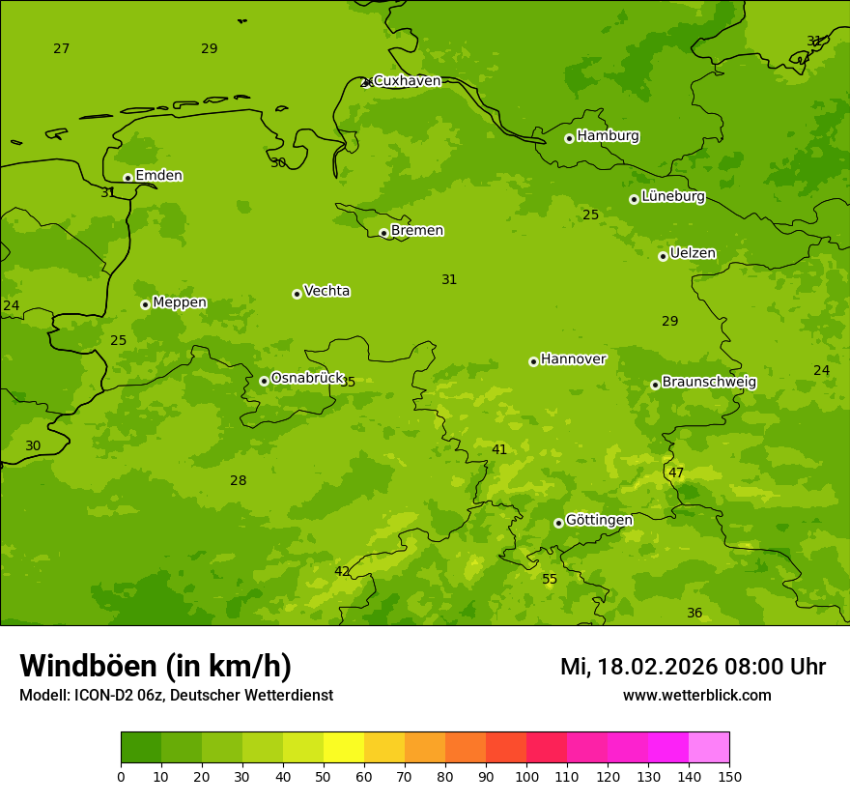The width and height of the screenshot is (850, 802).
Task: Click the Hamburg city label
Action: click(x=608, y=136)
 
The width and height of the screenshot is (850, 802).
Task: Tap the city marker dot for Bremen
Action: click(x=383, y=233)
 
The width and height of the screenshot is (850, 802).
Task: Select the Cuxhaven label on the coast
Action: click(x=407, y=81)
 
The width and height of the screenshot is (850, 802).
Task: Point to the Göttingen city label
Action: click(x=599, y=520)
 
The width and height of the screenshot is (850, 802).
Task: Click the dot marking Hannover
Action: click(x=533, y=361)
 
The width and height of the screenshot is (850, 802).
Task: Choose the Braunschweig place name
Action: click(x=709, y=382)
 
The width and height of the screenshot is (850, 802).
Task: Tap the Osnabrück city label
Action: click(x=307, y=378)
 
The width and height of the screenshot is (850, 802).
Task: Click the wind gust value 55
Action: click(x=550, y=580)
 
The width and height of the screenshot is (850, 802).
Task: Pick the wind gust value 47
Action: click(x=676, y=473)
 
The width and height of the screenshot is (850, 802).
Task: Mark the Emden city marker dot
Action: click(x=127, y=178)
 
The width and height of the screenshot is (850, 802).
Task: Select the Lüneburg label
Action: click(x=672, y=196)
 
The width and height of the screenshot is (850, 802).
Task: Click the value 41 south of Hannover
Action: click(x=499, y=450)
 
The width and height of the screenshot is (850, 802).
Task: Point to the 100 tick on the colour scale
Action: click(x=526, y=776)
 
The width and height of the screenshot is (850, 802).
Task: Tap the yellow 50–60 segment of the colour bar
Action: click(x=344, y=748)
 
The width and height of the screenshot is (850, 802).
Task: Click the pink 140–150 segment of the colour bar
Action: click(x=709, y=748)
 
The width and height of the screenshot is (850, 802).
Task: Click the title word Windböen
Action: click(x=88, y=666)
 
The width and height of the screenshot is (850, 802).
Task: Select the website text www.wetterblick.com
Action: click(x=696, y=696)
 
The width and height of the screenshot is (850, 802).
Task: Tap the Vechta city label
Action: click(x=326, y=291)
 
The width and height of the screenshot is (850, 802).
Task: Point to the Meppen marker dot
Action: click(x=145, y=304)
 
